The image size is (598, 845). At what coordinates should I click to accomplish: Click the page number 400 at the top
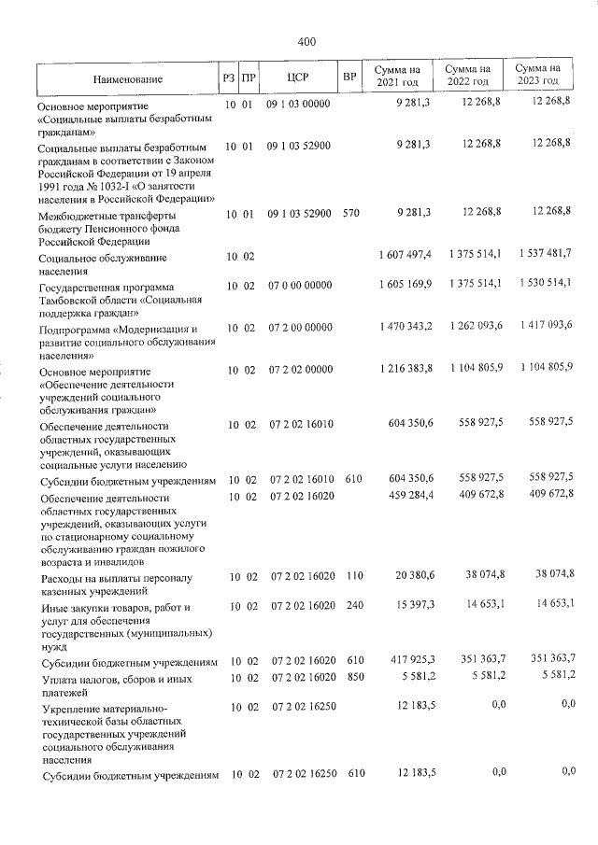click(x=307, y=41)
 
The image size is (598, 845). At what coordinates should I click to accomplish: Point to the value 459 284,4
click(x=405, y=493)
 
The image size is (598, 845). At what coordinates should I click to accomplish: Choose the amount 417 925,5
click(x=405, y=661)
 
